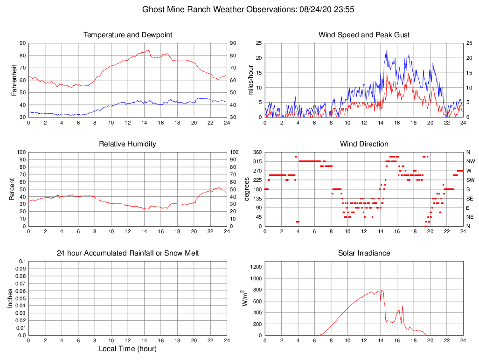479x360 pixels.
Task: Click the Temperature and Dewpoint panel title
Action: pos(127,35)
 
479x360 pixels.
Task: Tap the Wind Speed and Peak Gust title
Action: pos(364,35)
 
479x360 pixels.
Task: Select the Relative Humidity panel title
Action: pos(127,144)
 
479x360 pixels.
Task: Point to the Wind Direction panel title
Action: pos(364,144)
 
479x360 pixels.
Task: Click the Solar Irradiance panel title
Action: pos(364,253)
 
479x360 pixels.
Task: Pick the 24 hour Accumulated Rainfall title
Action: pos(127,253)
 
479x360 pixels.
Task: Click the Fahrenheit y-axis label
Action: pos(14,80)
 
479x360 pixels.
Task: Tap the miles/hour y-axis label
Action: pos(251,80)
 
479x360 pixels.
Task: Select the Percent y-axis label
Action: pos(12,189)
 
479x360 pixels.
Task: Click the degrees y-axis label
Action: pos(247,189)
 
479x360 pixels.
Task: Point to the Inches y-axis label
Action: pos(10,298)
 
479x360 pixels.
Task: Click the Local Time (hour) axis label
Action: pos(127,349)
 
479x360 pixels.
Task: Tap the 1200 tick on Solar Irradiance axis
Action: pos(256,267)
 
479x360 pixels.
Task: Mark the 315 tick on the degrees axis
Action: pos(257,161)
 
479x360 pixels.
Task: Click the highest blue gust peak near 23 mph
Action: pos(387,49)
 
